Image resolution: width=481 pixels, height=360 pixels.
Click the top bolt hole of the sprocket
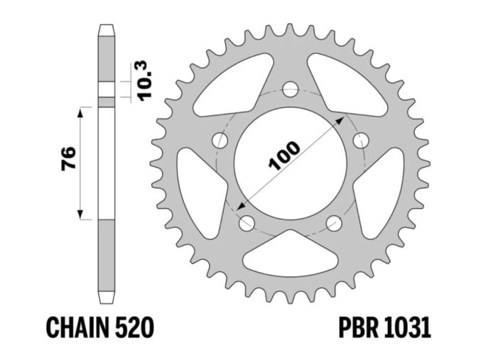pos(289,89)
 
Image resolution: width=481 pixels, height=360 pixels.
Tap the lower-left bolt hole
pos(247,223)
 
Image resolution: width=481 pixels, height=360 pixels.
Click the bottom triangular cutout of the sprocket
pos(289,251)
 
